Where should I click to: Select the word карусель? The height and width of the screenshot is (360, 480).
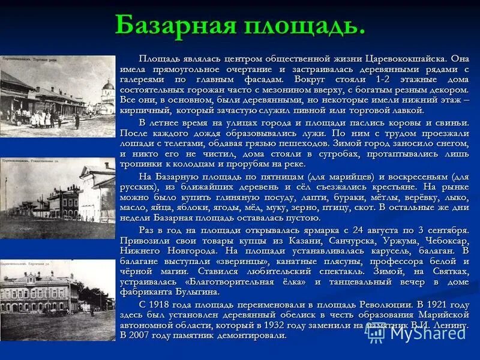[373, 251]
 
